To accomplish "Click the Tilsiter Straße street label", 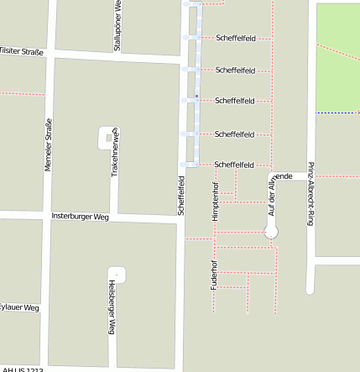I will click(21, 50).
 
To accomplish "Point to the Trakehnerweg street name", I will click(115, 152).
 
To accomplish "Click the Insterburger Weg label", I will click(81, 216).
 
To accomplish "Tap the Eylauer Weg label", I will click(19, 307).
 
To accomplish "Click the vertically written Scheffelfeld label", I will click(180, 195).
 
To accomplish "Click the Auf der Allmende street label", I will click(271, 192).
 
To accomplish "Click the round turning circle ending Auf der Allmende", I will click(271, 232).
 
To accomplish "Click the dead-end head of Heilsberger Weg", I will click(117, 273).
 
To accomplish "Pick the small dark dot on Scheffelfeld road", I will click(196, 97).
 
